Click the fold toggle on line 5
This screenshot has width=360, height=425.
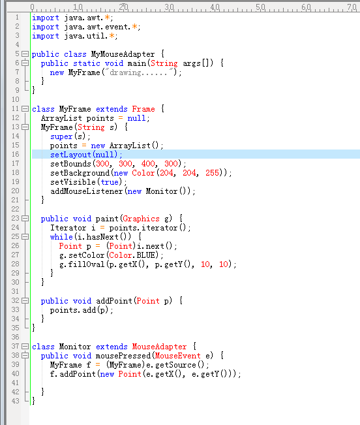tap(25, 54)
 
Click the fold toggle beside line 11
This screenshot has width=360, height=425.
tap(25, 109)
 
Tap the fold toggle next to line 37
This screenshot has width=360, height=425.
tap(25, 347)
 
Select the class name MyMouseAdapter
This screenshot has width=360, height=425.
tap(123, 54)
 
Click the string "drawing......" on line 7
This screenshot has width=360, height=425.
tap(139, 72)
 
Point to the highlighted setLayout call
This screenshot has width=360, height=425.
tap(86, 155)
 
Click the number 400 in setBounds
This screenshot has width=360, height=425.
tap(148, 164)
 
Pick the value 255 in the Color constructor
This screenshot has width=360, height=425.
tap(212, 173)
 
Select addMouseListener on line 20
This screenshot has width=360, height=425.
tap(86, 191)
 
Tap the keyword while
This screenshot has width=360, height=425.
tap(61, 237)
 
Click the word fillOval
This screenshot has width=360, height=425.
tap(86, 264)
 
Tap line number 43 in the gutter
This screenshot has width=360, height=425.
tap(16, 401)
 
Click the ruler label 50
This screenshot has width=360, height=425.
tap(260, 7)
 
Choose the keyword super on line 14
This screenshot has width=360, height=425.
tap(61, 136)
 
